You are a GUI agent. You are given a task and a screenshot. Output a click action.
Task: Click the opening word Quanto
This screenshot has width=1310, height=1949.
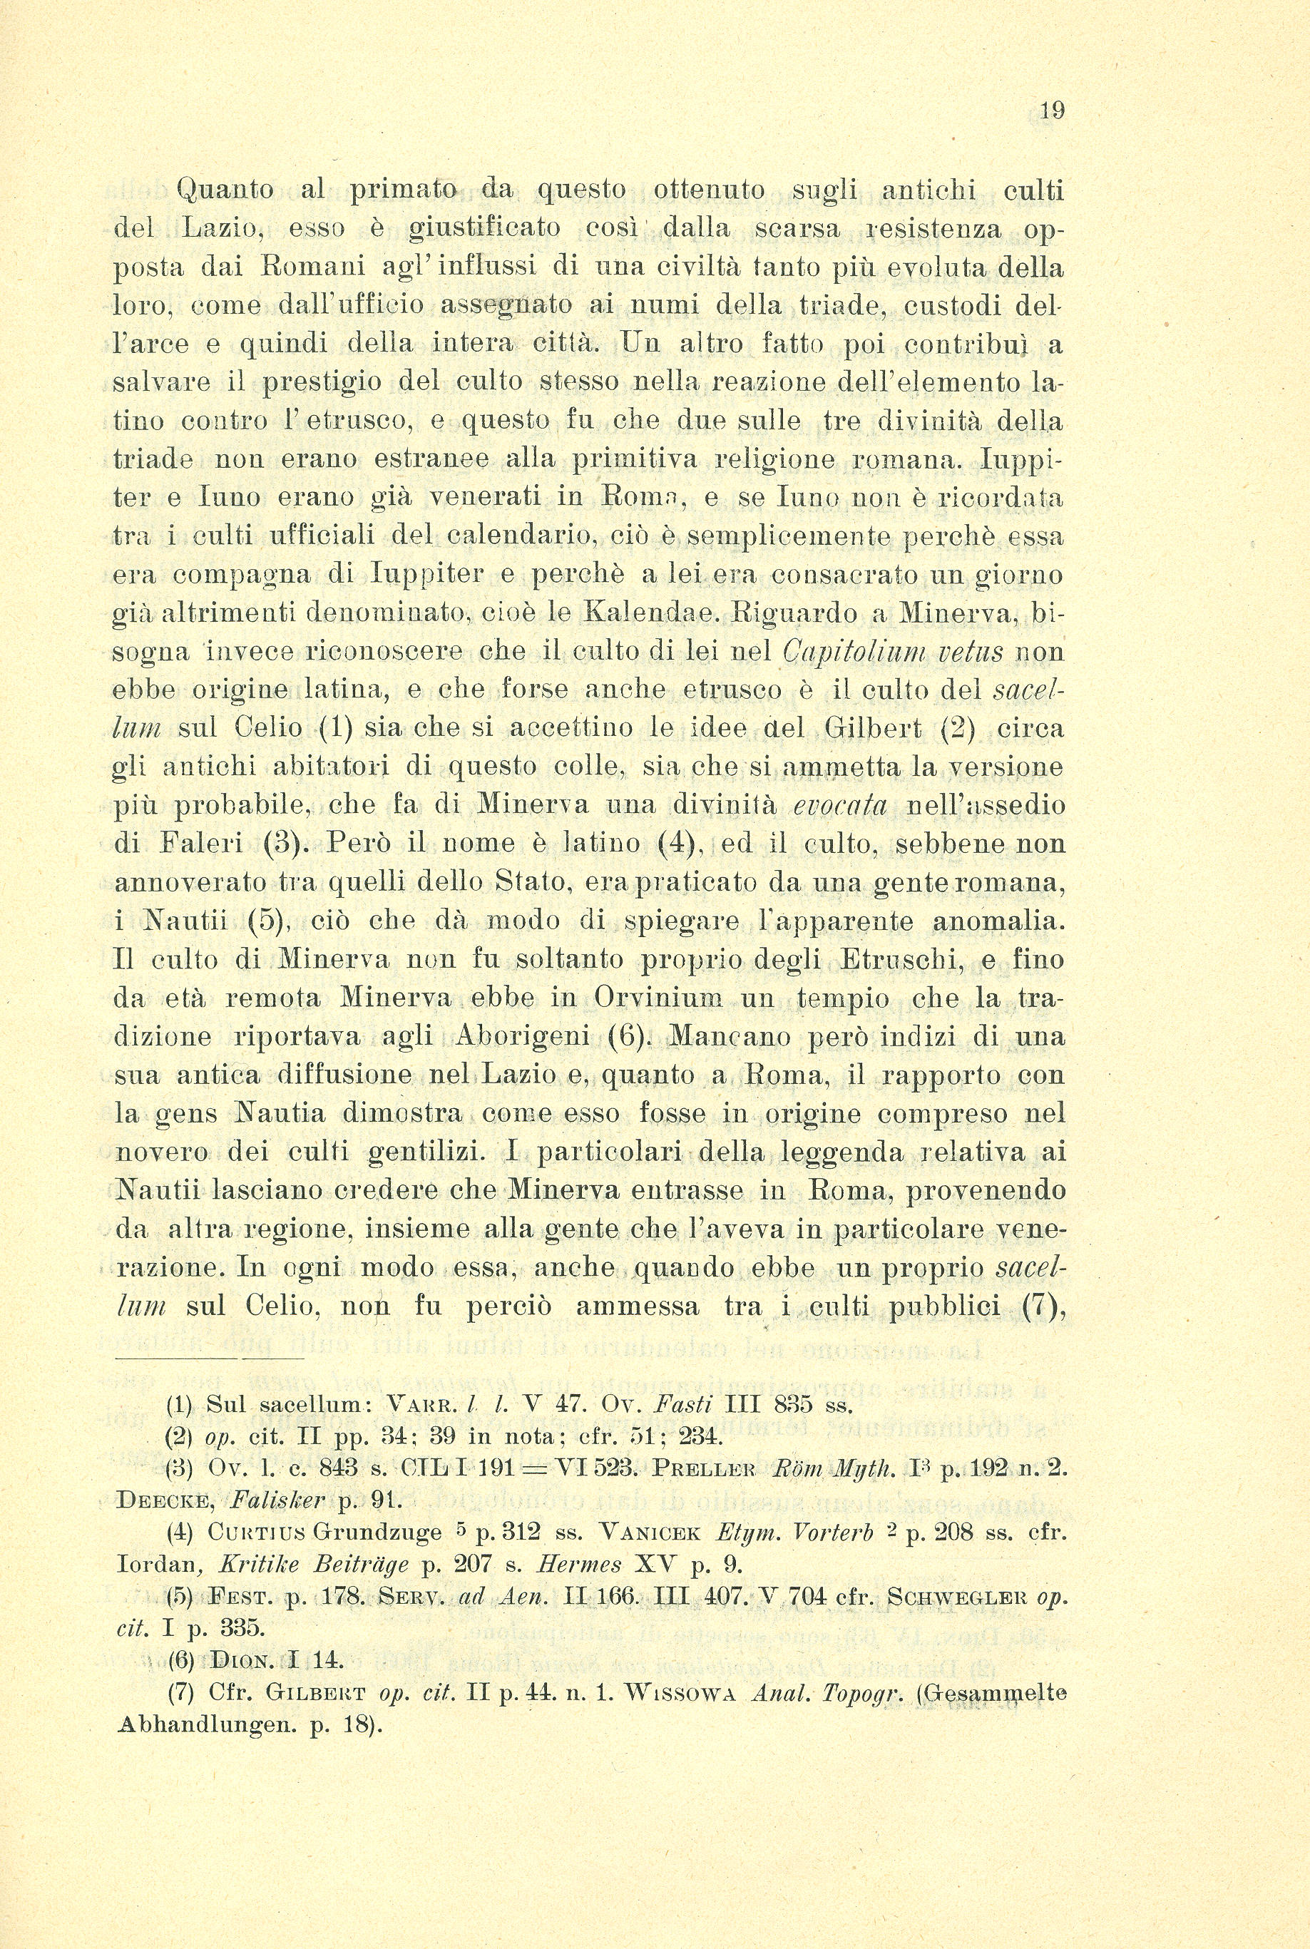tap(225, 190)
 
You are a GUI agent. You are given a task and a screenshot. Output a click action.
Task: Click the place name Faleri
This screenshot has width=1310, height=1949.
tap(200, 844)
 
